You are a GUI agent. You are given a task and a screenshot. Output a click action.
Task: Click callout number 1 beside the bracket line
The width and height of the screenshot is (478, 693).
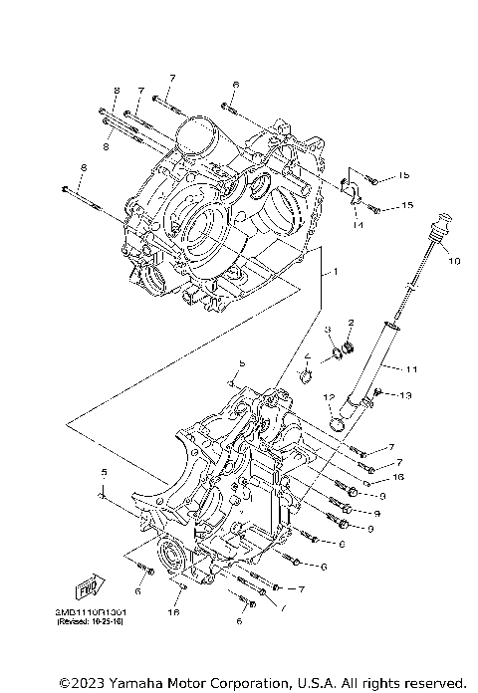click(x=336, y=271)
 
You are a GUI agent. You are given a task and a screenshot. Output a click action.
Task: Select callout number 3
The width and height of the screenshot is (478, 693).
click(x=327, y=330)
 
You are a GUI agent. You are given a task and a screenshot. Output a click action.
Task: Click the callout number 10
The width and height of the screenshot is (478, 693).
click(x=453, y=262)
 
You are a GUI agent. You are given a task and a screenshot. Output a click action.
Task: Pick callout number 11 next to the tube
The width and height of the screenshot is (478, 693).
click(x=412, y=369)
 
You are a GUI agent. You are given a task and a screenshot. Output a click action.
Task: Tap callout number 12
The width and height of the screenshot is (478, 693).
click(x=327, y=397)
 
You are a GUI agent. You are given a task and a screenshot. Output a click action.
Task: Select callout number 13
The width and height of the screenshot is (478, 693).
click(x=404, y=396)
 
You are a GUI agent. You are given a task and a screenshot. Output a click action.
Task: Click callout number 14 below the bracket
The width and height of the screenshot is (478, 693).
click(x=357, y=226)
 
